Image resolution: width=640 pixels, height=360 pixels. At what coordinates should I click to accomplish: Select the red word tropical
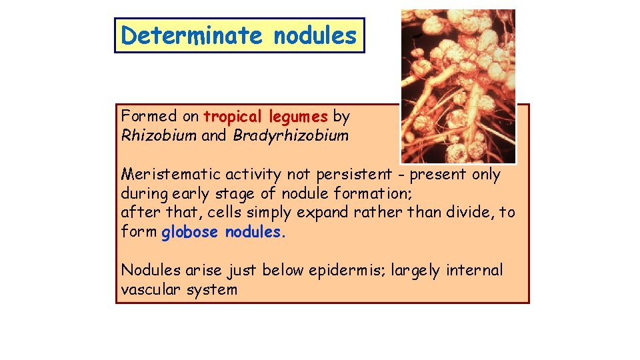(x=233, y=117)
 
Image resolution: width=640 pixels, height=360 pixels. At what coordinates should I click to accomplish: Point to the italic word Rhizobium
(x=159, y=136)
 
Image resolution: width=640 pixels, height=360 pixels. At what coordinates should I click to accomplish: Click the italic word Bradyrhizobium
(x=291, y=136)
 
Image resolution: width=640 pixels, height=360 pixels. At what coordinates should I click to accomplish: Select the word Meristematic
(x=171, y=175)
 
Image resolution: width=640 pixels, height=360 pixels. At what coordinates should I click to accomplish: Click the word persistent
(x=354, y=175)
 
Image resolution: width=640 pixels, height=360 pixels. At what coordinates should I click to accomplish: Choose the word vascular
(x=150, y=289)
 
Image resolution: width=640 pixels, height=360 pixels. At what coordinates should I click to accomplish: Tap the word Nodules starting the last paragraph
(x=150, y=270)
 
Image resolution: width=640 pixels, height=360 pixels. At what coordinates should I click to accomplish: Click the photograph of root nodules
(x=458, y=86)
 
